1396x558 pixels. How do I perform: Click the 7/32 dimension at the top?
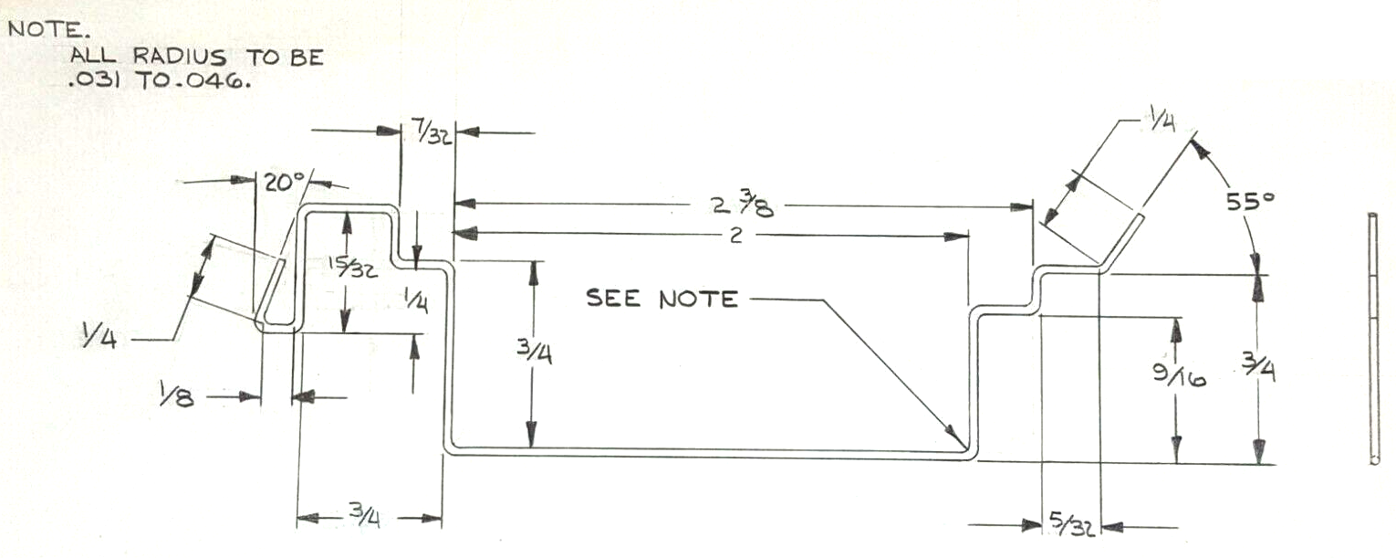point(431,133)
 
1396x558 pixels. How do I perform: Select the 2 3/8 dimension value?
point(743,205)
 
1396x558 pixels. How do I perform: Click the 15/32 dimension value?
point(352,268)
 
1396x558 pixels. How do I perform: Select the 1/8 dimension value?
point(176,395)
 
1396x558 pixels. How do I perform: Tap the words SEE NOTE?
point(662,299)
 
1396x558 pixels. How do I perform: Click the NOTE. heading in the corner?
point(44,28)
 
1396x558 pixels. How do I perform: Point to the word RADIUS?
point(180,57)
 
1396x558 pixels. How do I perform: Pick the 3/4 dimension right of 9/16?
point(1258,367)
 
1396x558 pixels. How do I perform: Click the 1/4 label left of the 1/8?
point(99,338)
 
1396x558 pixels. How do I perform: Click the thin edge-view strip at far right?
point(1373,339)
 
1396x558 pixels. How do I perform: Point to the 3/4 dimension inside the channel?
point(534,353)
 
